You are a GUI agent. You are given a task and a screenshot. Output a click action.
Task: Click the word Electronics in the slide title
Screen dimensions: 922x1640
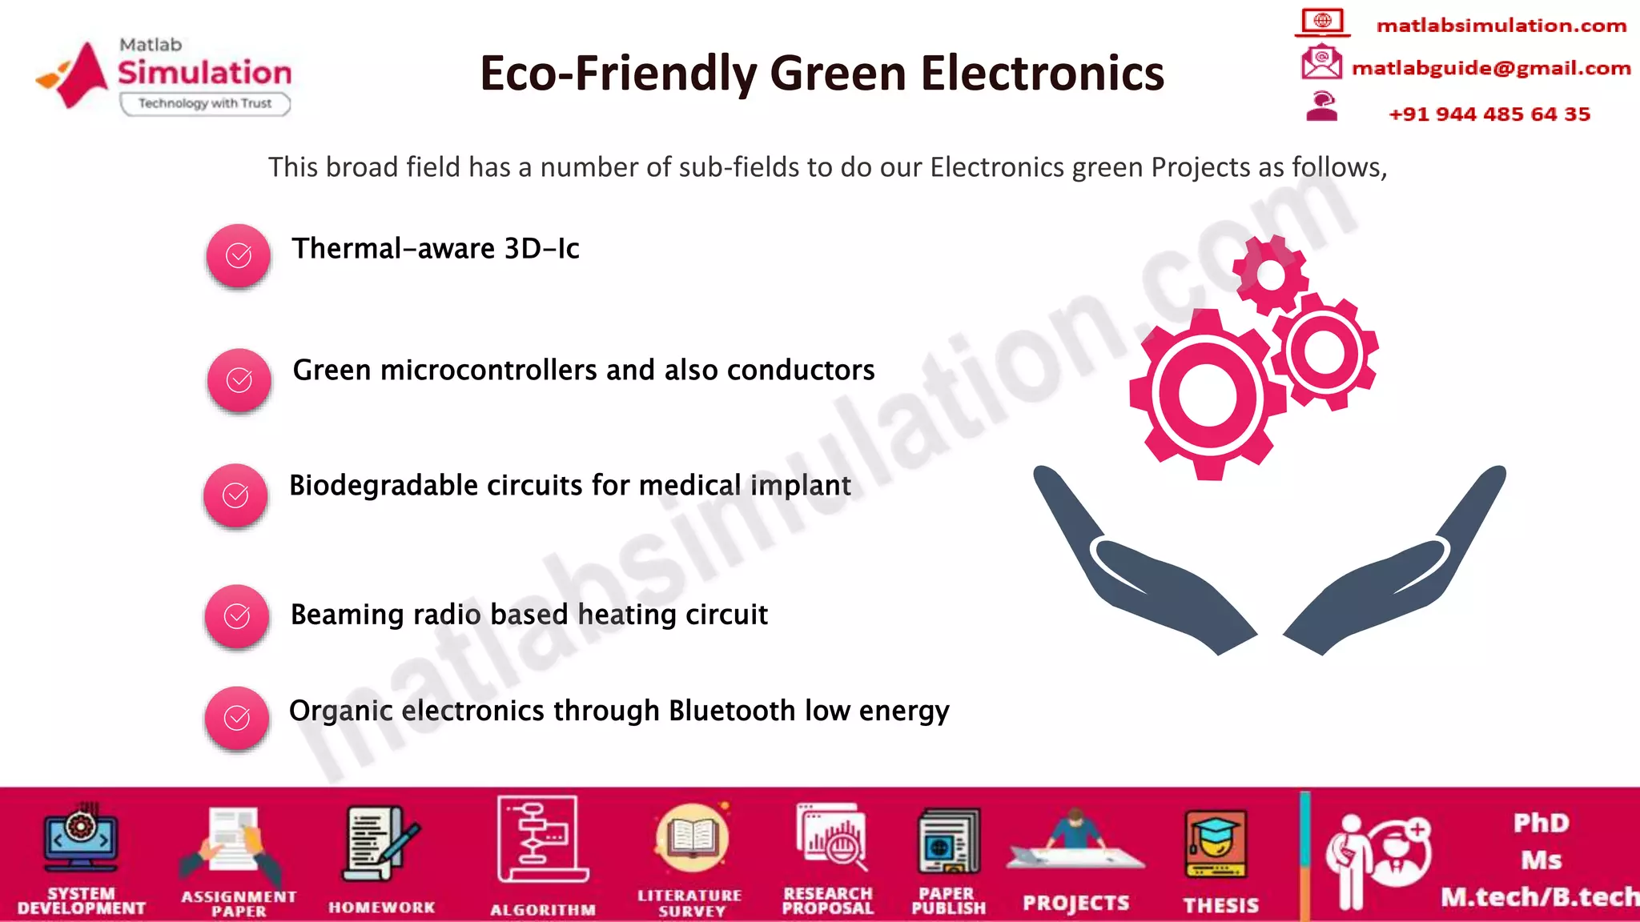pos(1042,74)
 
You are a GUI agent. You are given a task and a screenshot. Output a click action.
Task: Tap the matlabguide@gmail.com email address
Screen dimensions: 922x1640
pos(1491,68)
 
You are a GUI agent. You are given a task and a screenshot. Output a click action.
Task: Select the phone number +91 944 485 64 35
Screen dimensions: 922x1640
pos(1489,114)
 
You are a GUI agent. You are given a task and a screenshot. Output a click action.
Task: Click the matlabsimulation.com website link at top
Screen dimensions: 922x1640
pos(1501,26)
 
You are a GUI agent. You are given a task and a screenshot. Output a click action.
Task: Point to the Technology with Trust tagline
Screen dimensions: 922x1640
pos(205,103)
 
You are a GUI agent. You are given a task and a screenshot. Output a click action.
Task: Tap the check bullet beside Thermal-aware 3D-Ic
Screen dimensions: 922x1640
pos(239,255)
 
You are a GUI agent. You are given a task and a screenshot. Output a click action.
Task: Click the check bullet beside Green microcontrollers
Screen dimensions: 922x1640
pos(239,380)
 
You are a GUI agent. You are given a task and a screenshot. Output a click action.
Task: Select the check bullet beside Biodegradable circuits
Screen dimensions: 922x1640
pos(235,495)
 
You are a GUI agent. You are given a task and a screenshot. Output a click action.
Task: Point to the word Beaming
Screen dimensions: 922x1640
pos(348,615)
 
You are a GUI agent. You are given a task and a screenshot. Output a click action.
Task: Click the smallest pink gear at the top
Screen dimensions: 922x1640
pos(1271,275)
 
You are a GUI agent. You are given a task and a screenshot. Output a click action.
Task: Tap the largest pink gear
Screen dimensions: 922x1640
pos(1208,395)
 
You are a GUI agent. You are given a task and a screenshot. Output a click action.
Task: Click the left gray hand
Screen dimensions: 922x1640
pos(1137,568)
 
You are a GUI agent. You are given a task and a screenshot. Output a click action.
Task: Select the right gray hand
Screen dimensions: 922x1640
pos(1401,568)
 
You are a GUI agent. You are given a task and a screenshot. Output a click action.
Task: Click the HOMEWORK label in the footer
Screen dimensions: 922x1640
pos(382,908)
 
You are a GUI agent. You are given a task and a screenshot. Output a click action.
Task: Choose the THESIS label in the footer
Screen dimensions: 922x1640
pos(1221,905)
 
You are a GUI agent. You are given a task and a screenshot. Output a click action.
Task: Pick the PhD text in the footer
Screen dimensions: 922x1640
pos(1541,823)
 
